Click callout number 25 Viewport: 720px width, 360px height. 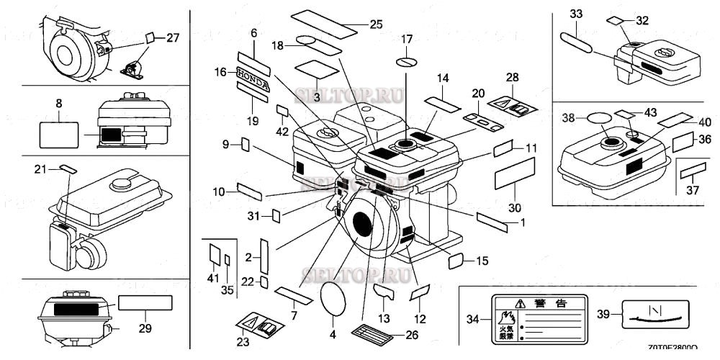[x=376, y=24]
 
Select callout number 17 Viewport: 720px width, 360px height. [x=407, y=39]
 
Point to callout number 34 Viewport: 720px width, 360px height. [x=472, y=317]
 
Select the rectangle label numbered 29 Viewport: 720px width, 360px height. [x=145, y=302]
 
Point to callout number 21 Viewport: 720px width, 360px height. [x=40, y=168]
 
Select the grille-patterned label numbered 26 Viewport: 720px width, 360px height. [x=373, y=334]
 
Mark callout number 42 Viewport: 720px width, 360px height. [x=283, y=130]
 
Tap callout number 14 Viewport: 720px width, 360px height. [x=443, y=77]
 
